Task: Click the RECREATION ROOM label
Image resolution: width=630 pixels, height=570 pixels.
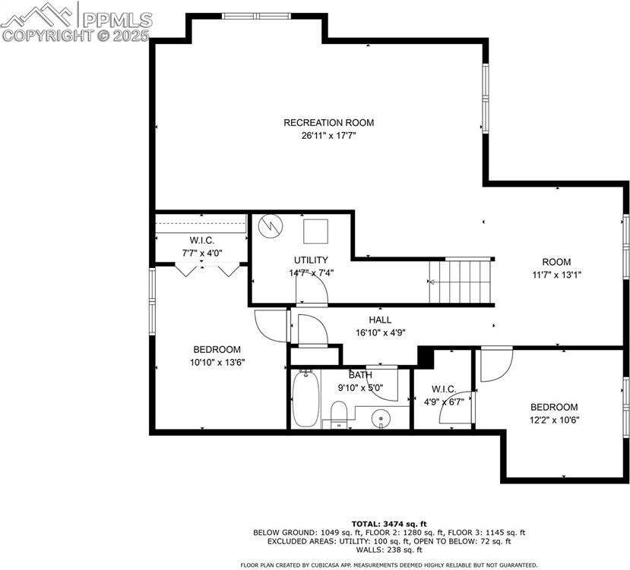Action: coord(328,122)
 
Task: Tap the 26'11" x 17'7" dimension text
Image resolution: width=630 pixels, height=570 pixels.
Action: coord(328,136)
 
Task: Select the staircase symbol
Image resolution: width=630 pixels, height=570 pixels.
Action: coord(461,282)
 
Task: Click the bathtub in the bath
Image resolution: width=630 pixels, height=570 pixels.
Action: coord(306,398)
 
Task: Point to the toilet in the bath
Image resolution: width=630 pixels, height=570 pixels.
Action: coord(338,414)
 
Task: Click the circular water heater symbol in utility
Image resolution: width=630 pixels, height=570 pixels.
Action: coord(269,225)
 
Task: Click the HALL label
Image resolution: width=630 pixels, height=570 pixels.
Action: coord(380,320)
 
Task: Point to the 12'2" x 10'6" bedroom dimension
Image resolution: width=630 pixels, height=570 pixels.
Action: coord(554,420)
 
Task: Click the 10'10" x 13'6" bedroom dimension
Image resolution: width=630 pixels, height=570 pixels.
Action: coord(217,363)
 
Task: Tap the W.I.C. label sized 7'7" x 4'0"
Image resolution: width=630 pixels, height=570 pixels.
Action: coord(201,240)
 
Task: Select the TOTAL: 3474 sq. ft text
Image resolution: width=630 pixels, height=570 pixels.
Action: coord(388,524)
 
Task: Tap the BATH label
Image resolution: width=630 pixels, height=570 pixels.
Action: coord(360,375)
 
